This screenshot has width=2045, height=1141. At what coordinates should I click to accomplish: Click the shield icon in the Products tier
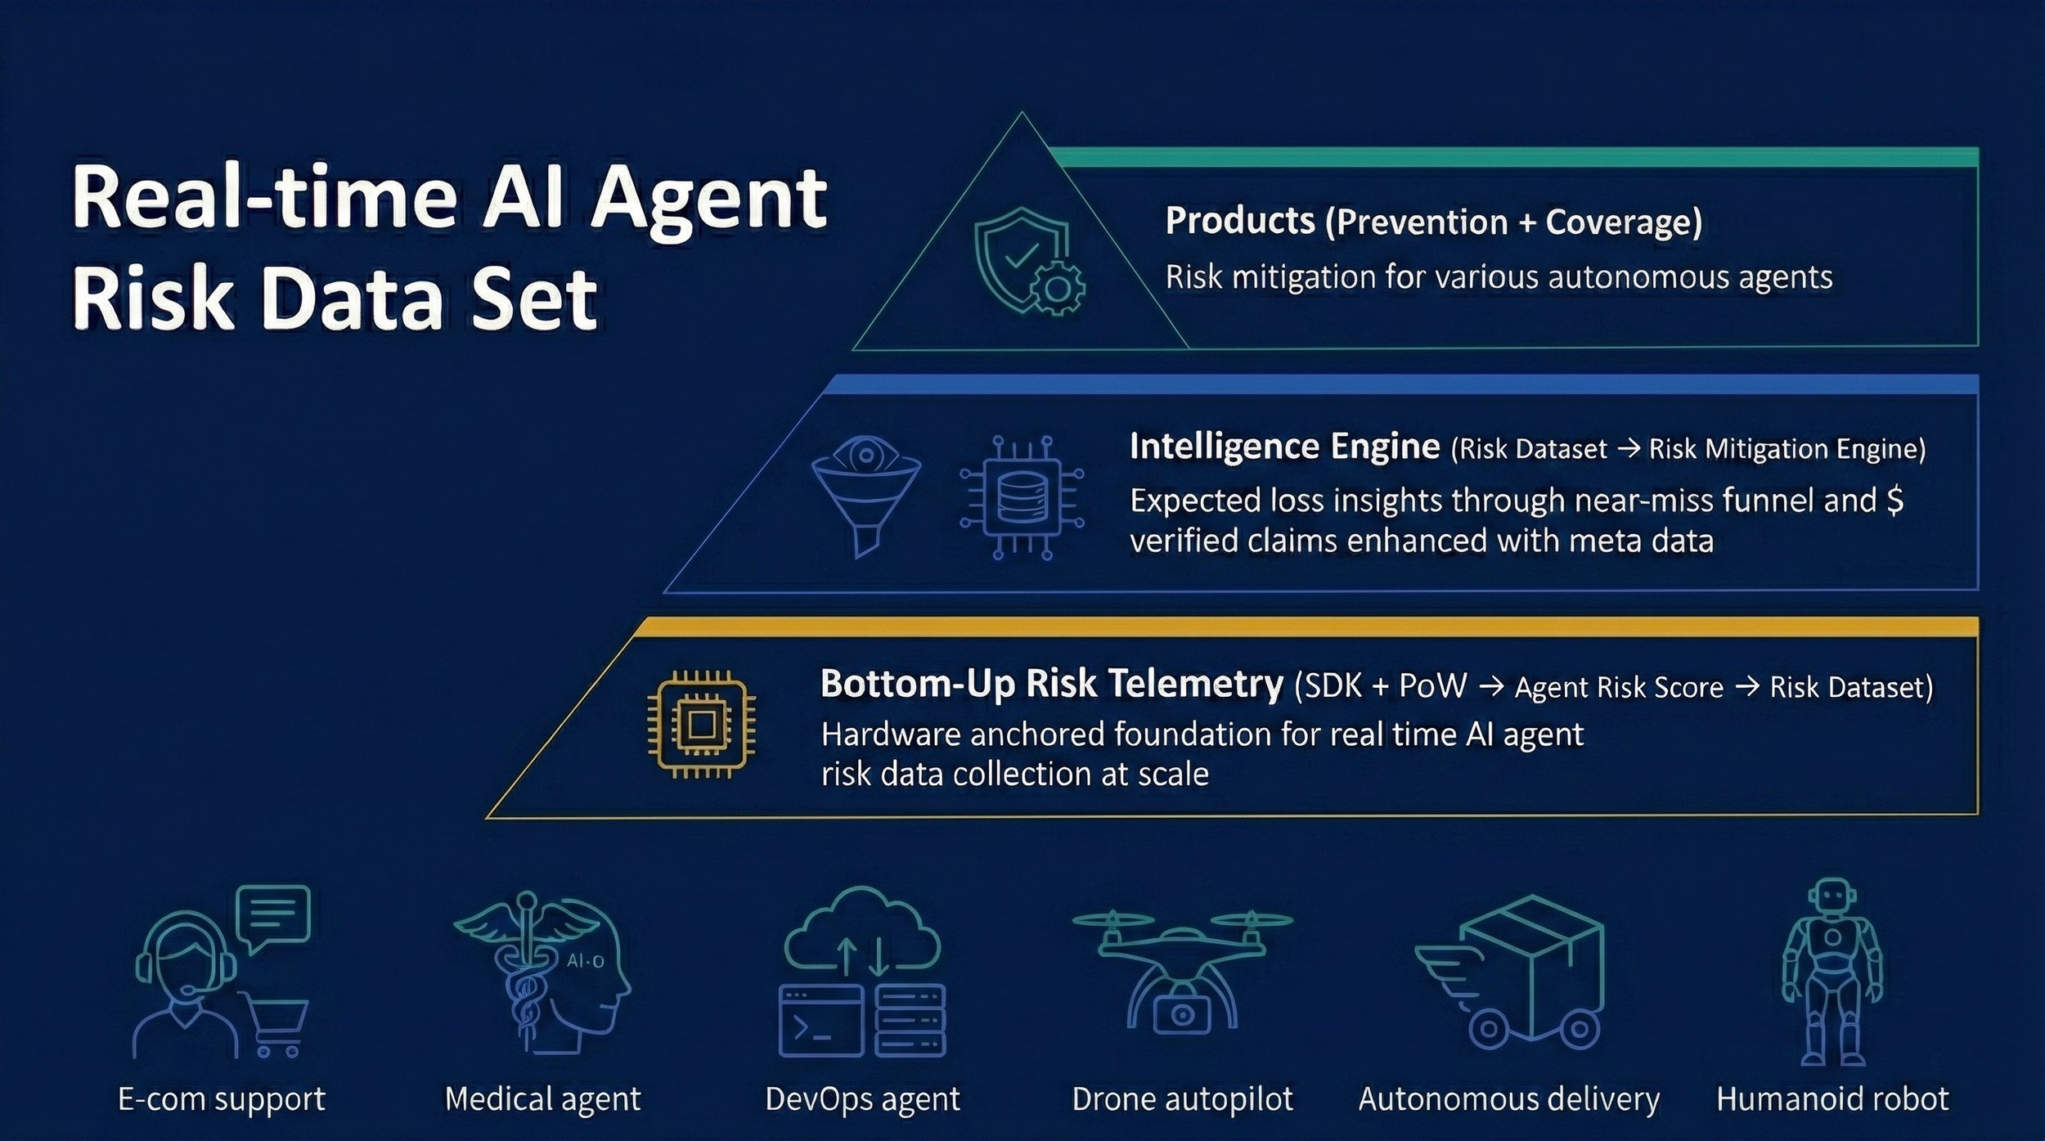1018,254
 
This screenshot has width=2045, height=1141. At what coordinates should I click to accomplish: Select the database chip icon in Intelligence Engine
1022,496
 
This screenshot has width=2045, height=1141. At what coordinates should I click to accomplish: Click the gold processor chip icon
701,724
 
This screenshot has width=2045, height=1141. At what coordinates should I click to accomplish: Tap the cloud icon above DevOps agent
862,933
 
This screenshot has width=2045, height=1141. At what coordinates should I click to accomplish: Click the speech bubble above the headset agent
273,915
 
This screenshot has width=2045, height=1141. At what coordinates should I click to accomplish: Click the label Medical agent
542,1098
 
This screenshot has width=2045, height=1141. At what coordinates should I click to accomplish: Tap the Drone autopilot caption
1182,1098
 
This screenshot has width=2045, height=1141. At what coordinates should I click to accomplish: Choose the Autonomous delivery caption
1508,1098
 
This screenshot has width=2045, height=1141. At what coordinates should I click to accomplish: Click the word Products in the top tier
1239,221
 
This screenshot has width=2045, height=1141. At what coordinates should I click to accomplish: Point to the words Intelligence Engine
1283,447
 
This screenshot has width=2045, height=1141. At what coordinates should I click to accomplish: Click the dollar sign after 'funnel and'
1894,499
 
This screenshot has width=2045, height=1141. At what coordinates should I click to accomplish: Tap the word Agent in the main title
708,199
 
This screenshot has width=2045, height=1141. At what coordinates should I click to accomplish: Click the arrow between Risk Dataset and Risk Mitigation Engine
1629,448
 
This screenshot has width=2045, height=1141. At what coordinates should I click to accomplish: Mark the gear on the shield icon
1058,288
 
